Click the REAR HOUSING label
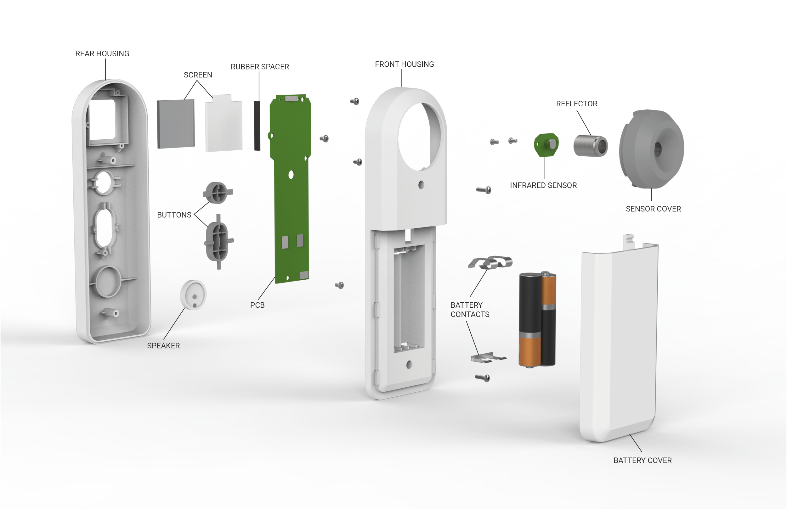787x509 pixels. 102,53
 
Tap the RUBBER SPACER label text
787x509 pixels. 260,67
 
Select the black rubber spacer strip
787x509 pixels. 257,126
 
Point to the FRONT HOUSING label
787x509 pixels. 404,64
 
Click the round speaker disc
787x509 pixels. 193,295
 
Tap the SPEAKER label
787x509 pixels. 163,346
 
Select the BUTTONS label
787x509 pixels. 174,215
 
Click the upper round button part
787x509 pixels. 218,192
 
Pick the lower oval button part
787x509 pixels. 218,241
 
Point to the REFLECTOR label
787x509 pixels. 577,104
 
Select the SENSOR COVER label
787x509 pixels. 653,209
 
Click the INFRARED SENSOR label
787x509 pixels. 543,185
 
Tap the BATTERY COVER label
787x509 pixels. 643,461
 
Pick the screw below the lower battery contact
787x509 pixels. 483,378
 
